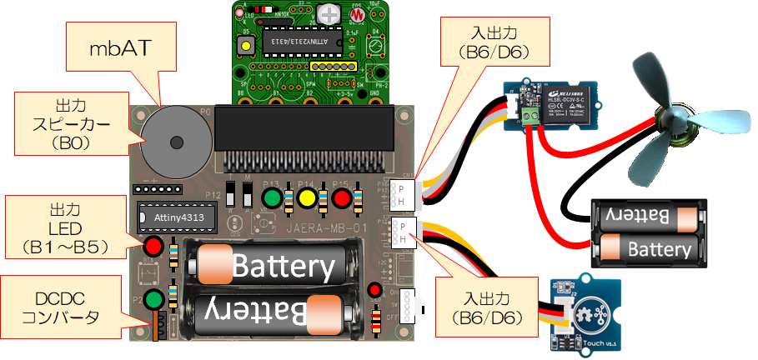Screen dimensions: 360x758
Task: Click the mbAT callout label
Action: click(120, 48)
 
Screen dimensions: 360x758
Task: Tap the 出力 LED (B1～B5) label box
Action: click(64, 224)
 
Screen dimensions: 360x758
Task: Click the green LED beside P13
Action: click(271, 199)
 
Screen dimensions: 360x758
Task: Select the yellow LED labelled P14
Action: click(305, 199)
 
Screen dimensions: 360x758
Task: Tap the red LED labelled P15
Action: click(340, 199)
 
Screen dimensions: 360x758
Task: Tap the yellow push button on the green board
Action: click(247, 42)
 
